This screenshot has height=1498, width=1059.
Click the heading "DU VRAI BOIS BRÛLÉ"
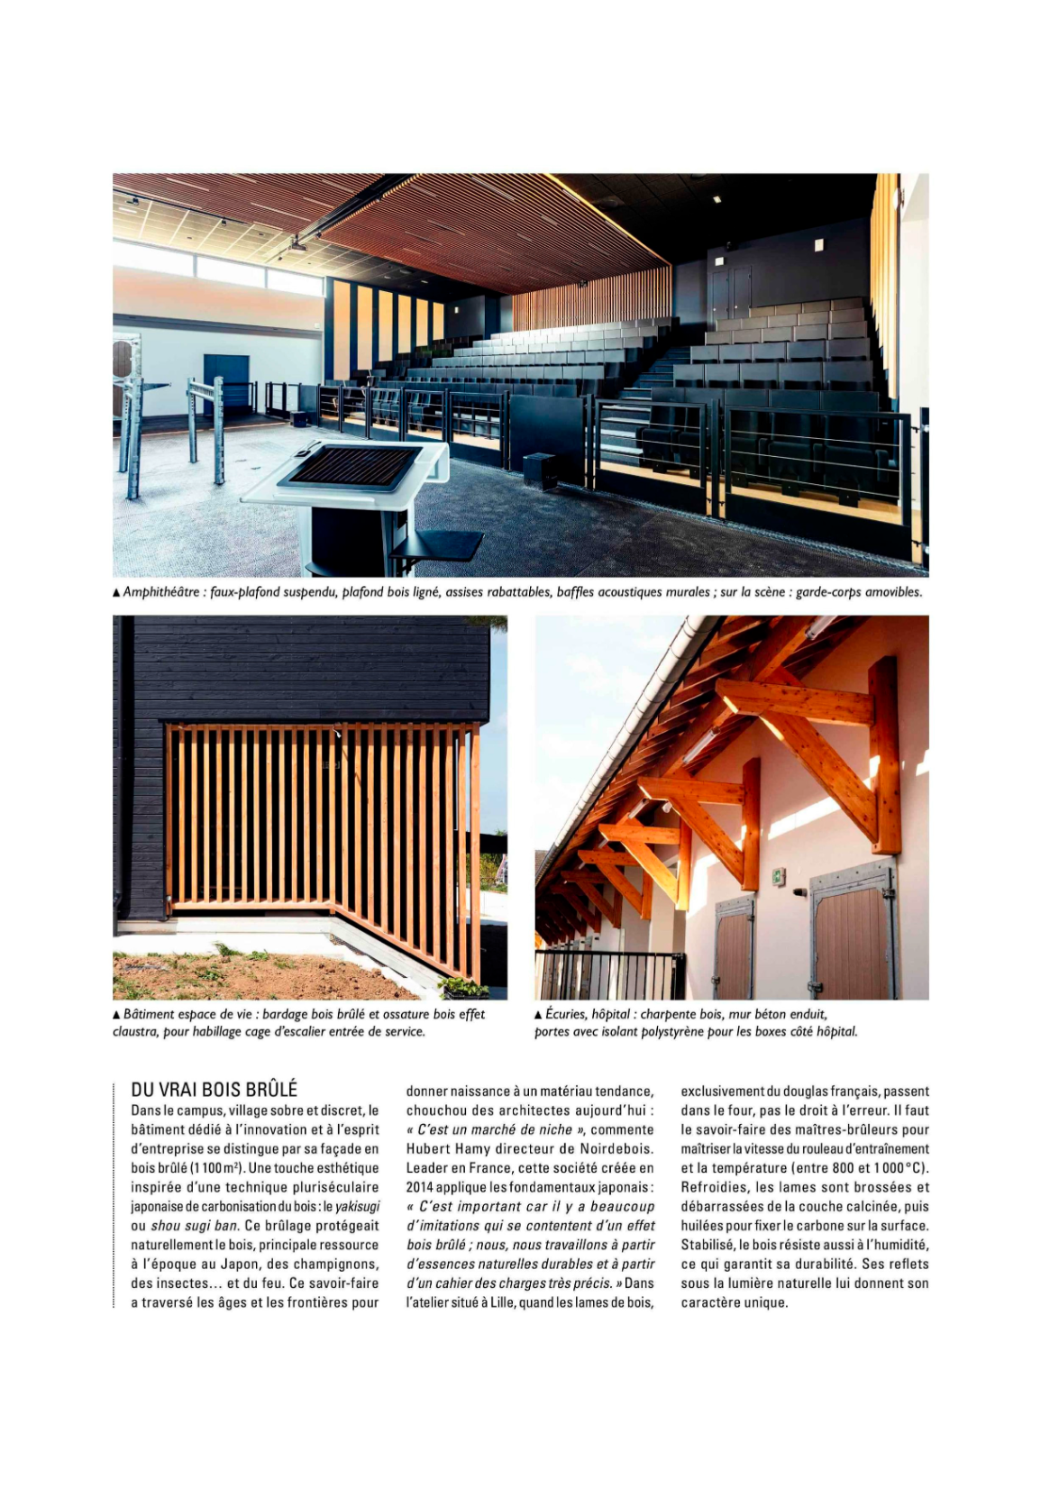click(x=214, y=1090)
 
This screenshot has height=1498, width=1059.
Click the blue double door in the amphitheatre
click(x=225, y=380)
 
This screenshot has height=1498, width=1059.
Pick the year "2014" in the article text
click(x=421, y=1187)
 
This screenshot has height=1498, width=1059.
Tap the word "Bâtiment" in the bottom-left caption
click(x=149, y=1014)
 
